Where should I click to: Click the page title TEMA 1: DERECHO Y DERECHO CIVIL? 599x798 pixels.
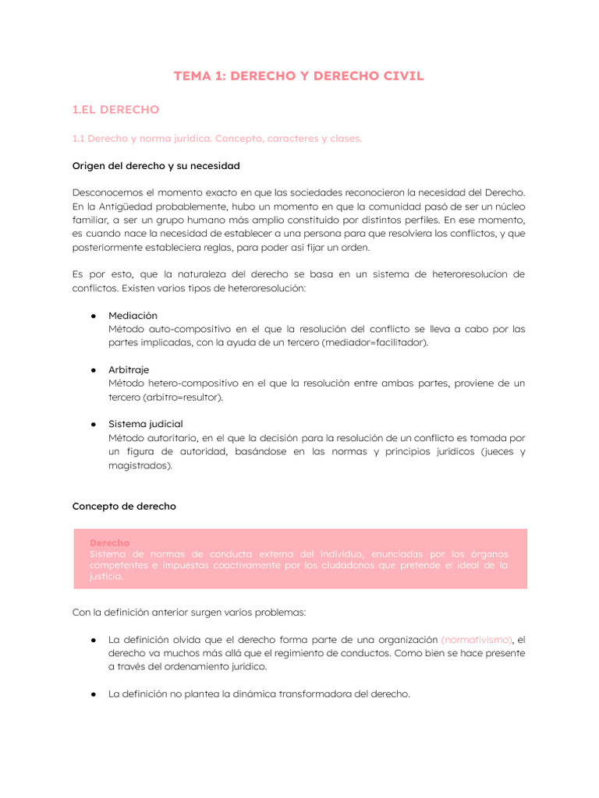point(299,76)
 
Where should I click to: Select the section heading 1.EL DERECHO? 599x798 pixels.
point(115,110)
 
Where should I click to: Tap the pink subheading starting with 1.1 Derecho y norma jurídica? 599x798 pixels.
point(217,139)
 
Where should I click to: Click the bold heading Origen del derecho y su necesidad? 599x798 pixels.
point(156,166)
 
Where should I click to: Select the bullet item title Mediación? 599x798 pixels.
point(133,316)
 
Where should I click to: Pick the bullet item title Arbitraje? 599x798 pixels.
point(129,369)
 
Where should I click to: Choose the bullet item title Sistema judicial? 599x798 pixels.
point(146,424)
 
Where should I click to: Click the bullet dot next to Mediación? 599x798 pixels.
point(92,316)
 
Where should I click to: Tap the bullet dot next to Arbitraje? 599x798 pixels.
point(92,369)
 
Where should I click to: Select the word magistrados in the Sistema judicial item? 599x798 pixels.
point(137,465)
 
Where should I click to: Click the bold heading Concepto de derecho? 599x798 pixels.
point(124,506)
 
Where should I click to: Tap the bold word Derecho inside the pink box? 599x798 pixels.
point(109,542)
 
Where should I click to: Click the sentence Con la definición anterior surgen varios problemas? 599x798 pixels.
point(195,613)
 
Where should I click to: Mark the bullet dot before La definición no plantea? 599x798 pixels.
point(92,694)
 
